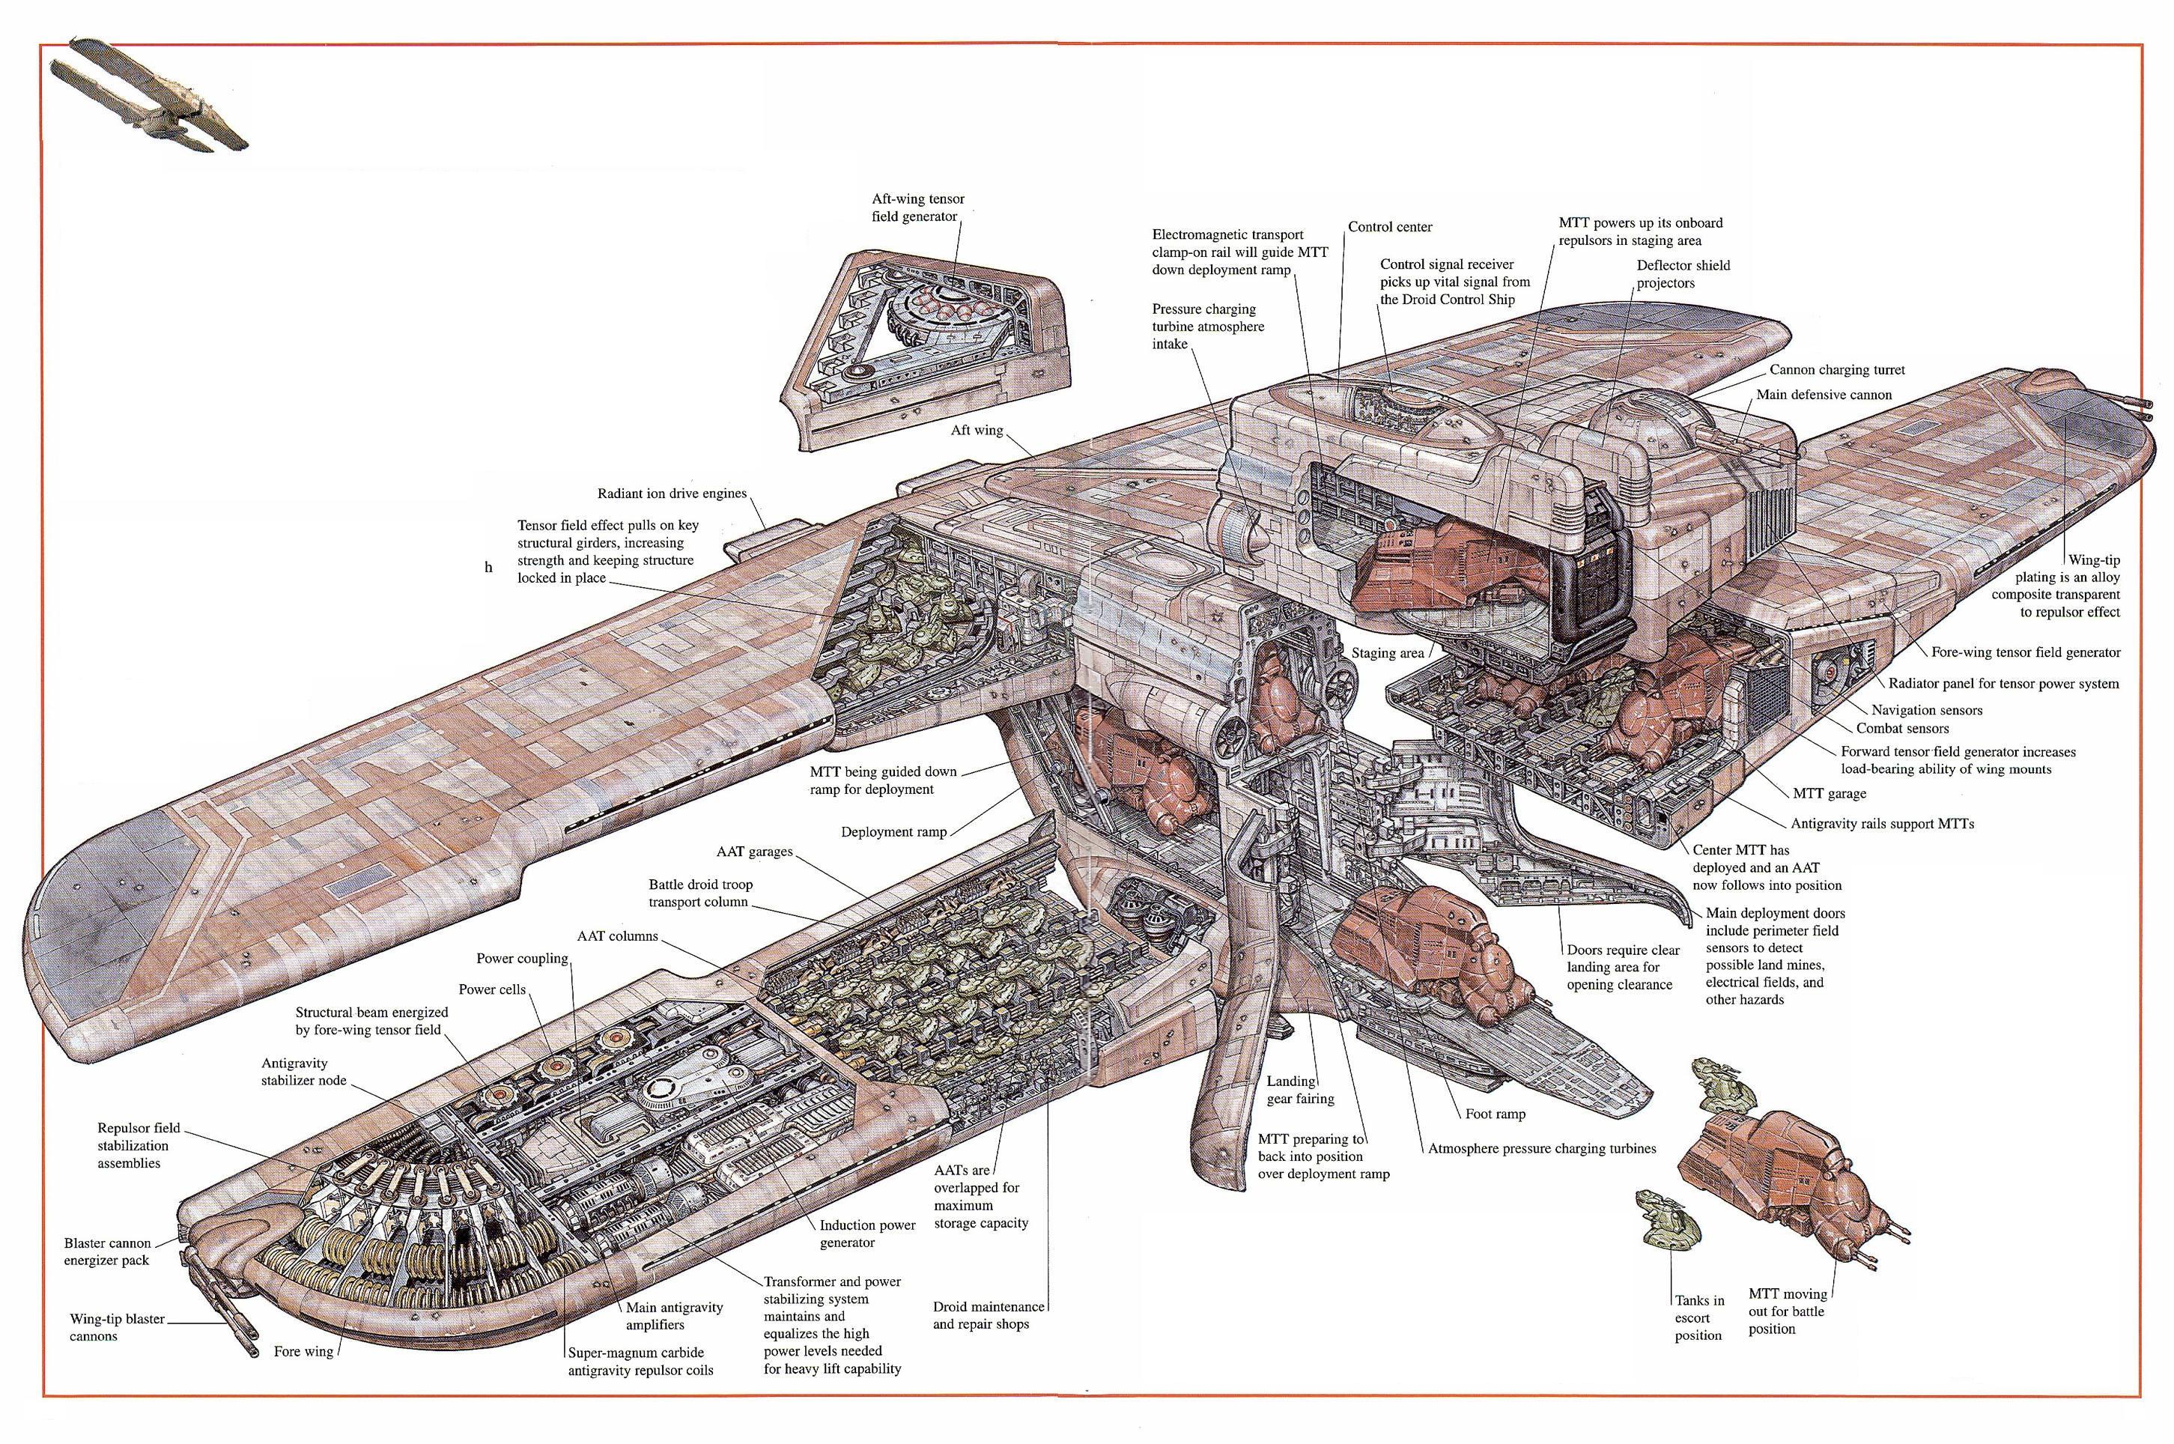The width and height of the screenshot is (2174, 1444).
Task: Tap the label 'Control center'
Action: pyautogui.click(x=1389, y=226)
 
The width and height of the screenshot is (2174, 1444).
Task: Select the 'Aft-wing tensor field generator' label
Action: pyautogui.click(x=918, y=207)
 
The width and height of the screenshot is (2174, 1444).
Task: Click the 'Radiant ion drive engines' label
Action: pyautogui.click(x=671, y=493)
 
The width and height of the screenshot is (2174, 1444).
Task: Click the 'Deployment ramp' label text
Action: pyautogui.click(x=893, y=831)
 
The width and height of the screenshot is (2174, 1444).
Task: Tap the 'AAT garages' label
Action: pyautogui.click(x=754, y=852)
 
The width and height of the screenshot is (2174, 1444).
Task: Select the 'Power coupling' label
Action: pyautogui.click(x=522, y=958)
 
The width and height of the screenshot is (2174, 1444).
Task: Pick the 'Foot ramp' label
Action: pyautogui.click(x=1496, y=1114)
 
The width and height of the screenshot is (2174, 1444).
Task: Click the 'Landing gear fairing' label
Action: pyautogui.click(x=1300, y=1090)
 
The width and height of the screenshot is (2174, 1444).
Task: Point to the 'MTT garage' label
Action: pyautogui.click(x=1830, y=793)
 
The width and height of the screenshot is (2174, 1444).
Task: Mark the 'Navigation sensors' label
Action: pyautogui.click(x=1926, y=710)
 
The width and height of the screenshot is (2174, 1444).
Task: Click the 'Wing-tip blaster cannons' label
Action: pyautogui.click(x=117, y=1327)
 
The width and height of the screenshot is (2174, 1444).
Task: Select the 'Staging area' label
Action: pyautogui.click(x=1388, y=653)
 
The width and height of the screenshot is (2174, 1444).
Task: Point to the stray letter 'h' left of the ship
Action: pyautogui.click(x=489, y=567)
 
